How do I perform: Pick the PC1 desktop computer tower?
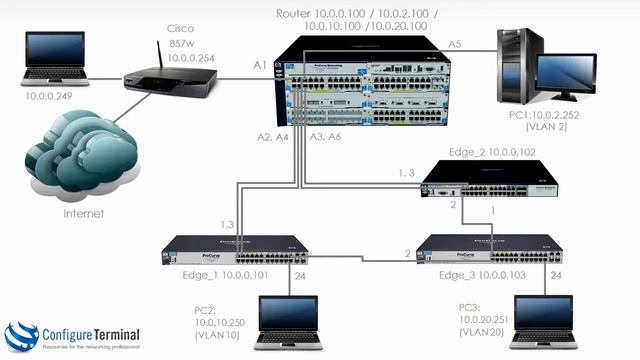point(520,70)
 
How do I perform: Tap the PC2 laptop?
point(288,322)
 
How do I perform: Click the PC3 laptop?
point(544,322)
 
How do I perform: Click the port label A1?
point(259,65)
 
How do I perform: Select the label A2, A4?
point(276,136)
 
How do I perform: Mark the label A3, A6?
point(328,136)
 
